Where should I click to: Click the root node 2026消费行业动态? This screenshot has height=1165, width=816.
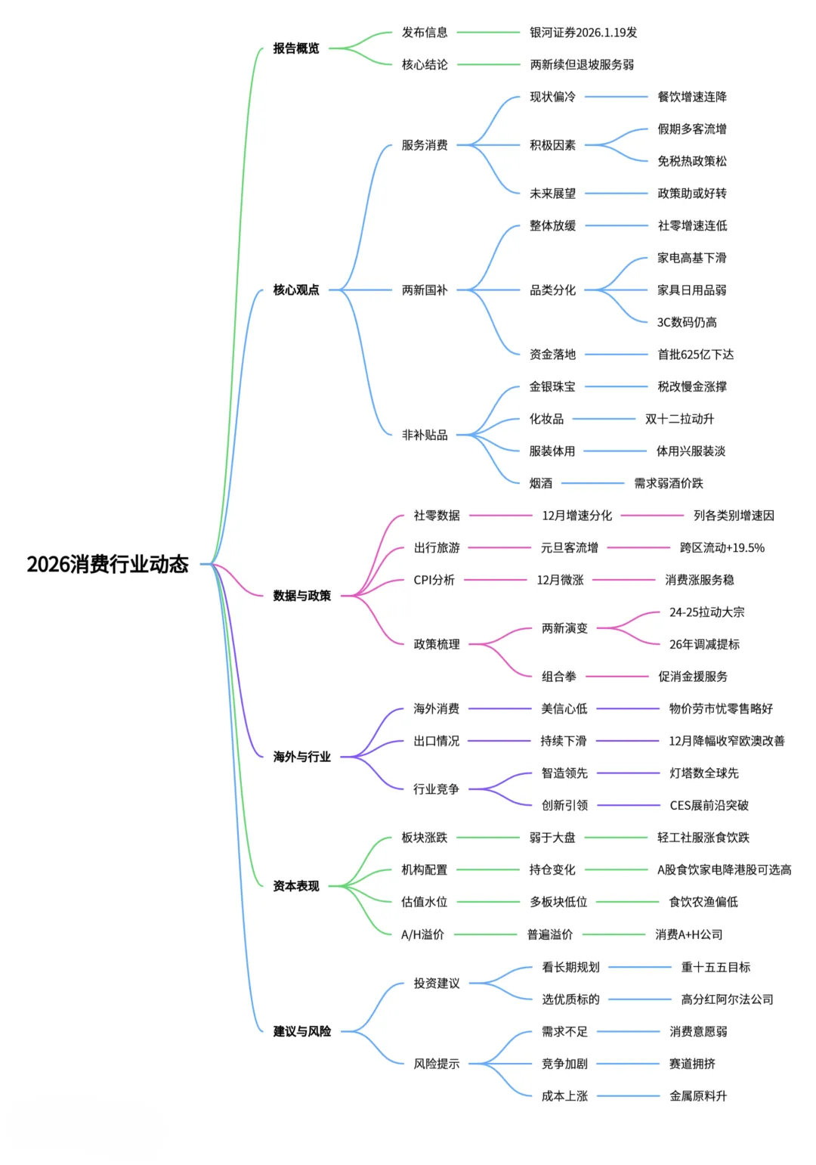[107, 564]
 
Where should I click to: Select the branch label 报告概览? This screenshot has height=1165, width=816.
[296, 48]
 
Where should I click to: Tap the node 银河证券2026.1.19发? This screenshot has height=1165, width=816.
[583, 33]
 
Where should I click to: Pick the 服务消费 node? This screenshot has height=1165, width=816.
[425, 145]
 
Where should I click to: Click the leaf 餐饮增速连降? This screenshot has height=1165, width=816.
[692, 97]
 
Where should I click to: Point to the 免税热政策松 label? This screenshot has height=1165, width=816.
[692, 161]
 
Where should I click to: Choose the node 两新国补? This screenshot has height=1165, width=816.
[425, 290]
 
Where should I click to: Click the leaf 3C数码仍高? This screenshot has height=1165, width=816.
[687, 322]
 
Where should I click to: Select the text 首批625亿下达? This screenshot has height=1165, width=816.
[696, 355]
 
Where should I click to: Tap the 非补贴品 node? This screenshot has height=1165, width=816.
[425, 435]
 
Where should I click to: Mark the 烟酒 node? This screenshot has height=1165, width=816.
[541, 483]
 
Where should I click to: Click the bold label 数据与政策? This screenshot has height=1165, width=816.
[302, 596]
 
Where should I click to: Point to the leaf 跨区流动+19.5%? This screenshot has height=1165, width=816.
[722, 548]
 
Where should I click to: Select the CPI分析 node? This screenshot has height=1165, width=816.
[434, 580]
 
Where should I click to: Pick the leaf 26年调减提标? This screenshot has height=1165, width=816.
[704, 644]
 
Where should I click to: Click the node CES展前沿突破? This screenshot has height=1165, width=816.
[709, 805]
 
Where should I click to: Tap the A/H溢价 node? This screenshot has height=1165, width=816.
[422, 934]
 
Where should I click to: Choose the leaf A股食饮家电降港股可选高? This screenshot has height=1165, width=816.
[724, 870]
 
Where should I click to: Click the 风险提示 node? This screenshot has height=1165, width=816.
[437, 1064]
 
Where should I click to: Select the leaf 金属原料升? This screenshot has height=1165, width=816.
[698, 1096]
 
